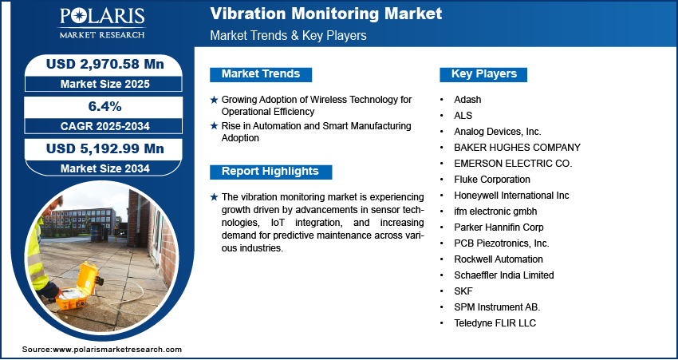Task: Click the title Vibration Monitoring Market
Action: pyautogui.click(x=326, y=14)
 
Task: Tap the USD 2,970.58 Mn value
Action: pyautogui.click(x=105, y=65)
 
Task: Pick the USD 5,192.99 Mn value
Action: pyautogui.click(x=105, y=148)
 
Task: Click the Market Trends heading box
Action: pyautogui.click(x=261, y=74)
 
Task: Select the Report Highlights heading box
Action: pyautogui.click(x=270, y=172)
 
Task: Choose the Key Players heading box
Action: pyautogui.click(x=483, y=74)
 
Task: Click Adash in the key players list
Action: pyautogui.click(x=467, y=100)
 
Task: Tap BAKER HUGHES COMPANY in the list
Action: pyautogui.click(x=517, y=148)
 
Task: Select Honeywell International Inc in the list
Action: pyautogui.click(x=511, y=196)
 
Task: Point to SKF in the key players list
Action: pyautogui.click(x=463, y=291)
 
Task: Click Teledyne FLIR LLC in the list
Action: pyautogui.click(x=495, y=323)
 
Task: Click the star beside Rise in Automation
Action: pyautogui.click(x=214, y=126)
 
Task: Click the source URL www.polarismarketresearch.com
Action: pyautogui.click(x=117, y=350)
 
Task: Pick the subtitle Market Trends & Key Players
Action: pyautogui.click(x=288, y=35)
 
